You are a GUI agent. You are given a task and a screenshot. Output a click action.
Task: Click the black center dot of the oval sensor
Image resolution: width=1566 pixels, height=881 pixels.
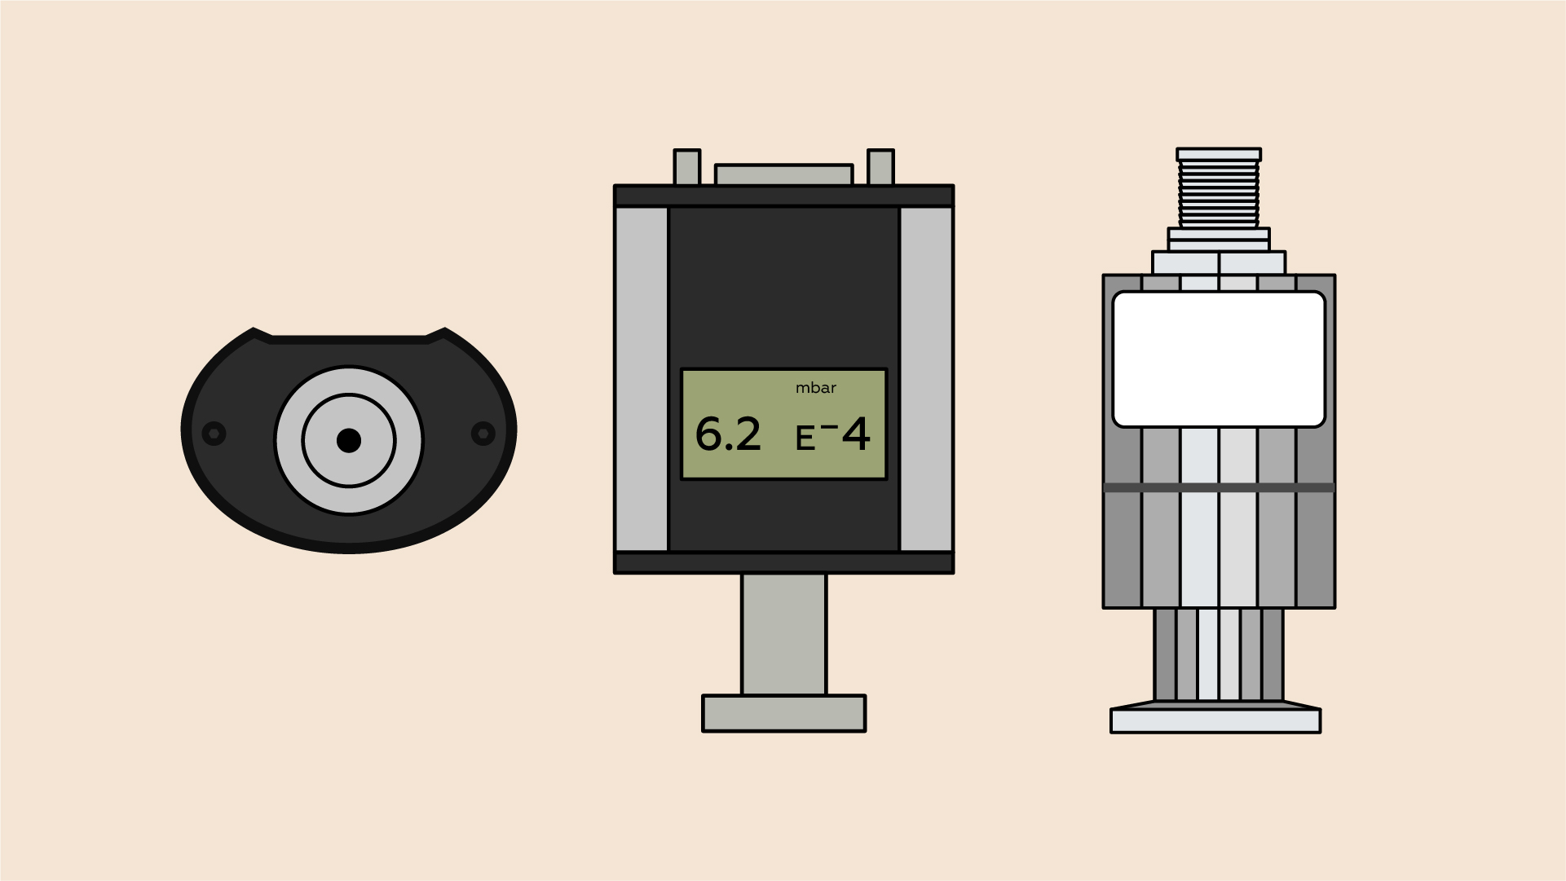[349, 440]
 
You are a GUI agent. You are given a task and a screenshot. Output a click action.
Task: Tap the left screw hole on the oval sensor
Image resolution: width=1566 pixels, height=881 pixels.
[214, 433]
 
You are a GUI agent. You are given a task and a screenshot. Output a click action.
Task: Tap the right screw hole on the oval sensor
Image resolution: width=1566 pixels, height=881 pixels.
[483, 433]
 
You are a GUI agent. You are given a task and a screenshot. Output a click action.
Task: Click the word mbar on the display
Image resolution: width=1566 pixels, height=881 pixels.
[816, 388]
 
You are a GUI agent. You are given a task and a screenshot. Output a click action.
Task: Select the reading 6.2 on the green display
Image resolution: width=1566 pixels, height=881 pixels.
[728, 434]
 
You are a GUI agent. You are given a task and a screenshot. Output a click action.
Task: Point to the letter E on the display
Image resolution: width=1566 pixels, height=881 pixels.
[805, 439]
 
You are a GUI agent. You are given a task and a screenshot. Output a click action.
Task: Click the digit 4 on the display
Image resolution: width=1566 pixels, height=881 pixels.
[856, 434]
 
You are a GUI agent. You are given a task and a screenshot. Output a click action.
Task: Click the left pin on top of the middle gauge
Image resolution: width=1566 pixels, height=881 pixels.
[687, 167]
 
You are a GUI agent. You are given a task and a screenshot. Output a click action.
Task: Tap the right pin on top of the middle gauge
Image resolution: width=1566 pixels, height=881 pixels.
[881, 167]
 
